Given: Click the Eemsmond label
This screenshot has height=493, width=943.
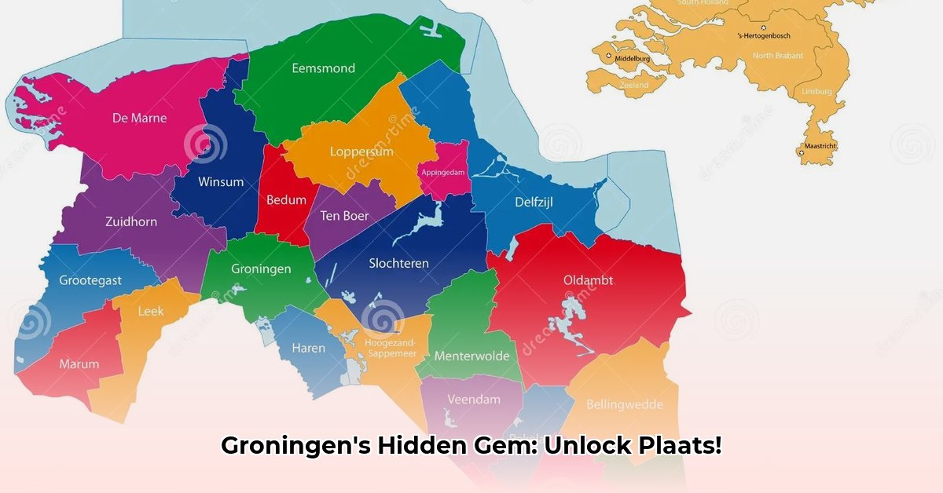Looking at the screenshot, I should coord(323,68).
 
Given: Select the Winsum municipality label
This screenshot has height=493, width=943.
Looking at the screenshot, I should coord(221,182).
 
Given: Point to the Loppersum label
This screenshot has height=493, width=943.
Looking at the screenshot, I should coord(361,152).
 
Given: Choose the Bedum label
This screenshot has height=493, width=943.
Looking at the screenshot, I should coord(286,199).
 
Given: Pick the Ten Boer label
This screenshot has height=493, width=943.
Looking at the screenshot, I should coord(344,216).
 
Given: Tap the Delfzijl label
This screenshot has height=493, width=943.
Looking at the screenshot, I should coord(534,203).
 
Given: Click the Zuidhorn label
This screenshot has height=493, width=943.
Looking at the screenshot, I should coord(131,221).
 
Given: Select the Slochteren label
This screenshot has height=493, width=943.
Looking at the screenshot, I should coord(399,263).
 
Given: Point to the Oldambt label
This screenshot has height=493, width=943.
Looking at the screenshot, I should coord(588,280).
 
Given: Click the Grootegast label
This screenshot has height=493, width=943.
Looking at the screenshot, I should coord(91,280).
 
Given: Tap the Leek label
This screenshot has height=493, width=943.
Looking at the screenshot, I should coord(151,312).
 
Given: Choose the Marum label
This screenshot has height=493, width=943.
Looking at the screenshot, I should coord(79,364).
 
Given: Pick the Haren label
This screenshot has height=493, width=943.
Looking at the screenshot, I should coord(308,348).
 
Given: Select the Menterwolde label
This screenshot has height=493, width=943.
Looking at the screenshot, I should coord(472,356).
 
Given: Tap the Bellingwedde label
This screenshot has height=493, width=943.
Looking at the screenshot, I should coord(625,405).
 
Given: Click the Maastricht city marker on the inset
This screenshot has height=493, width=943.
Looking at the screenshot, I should coord(801,153).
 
